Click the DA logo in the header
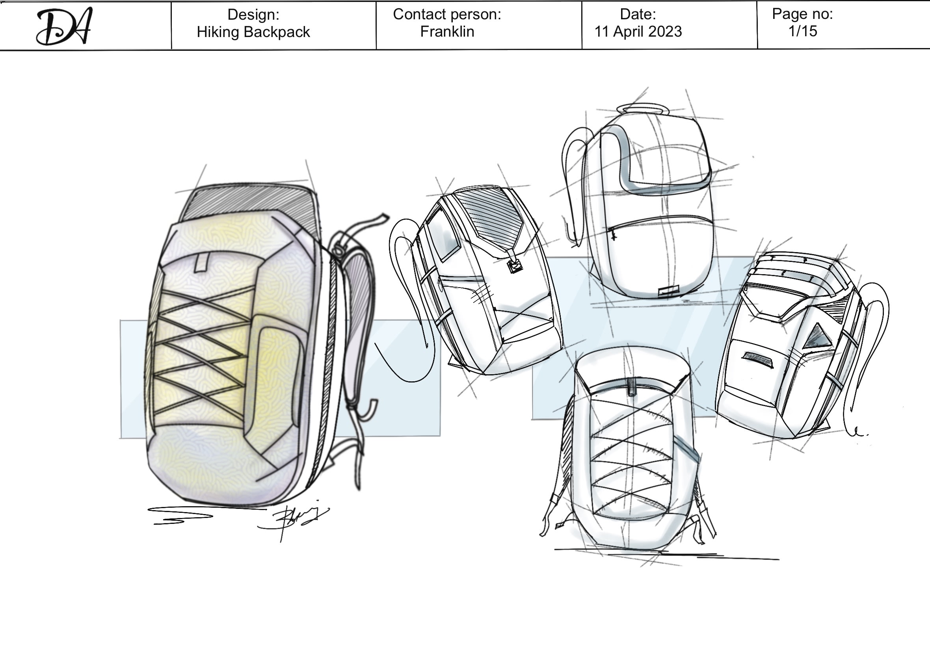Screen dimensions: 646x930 pyautogui.click(x=65, y=26)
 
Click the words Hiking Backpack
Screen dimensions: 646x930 pyautogui.click(x=253, y=32)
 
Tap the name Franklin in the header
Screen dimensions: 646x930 pyautogui.click(x=447, y=32)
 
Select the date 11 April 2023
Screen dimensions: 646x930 pyautogui.click(x=638, y=32)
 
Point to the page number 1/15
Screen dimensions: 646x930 pyautogui.click(x=802, y=31)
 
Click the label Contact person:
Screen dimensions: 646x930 pyautogui.click(x=447, y=14)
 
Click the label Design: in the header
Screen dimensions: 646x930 pyautogui.click(x=253, y=15)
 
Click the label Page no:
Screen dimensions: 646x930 pyautogui.click(x=802, y=14)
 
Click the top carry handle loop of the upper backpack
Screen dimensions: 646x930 pyautogui.click(x=643, y=108)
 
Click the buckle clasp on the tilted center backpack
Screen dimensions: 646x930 pyautogui.click(x=515, y=266)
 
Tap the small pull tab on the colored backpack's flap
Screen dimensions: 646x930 pyautogui.click(x=201, y=262)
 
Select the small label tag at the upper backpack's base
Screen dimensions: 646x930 pyautogui.click(x=668, y=291)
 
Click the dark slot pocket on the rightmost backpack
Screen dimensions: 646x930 pyautogui.click(x=757, y=359)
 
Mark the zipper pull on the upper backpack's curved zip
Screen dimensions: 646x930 pyautogui.click(x=613, y=234)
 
